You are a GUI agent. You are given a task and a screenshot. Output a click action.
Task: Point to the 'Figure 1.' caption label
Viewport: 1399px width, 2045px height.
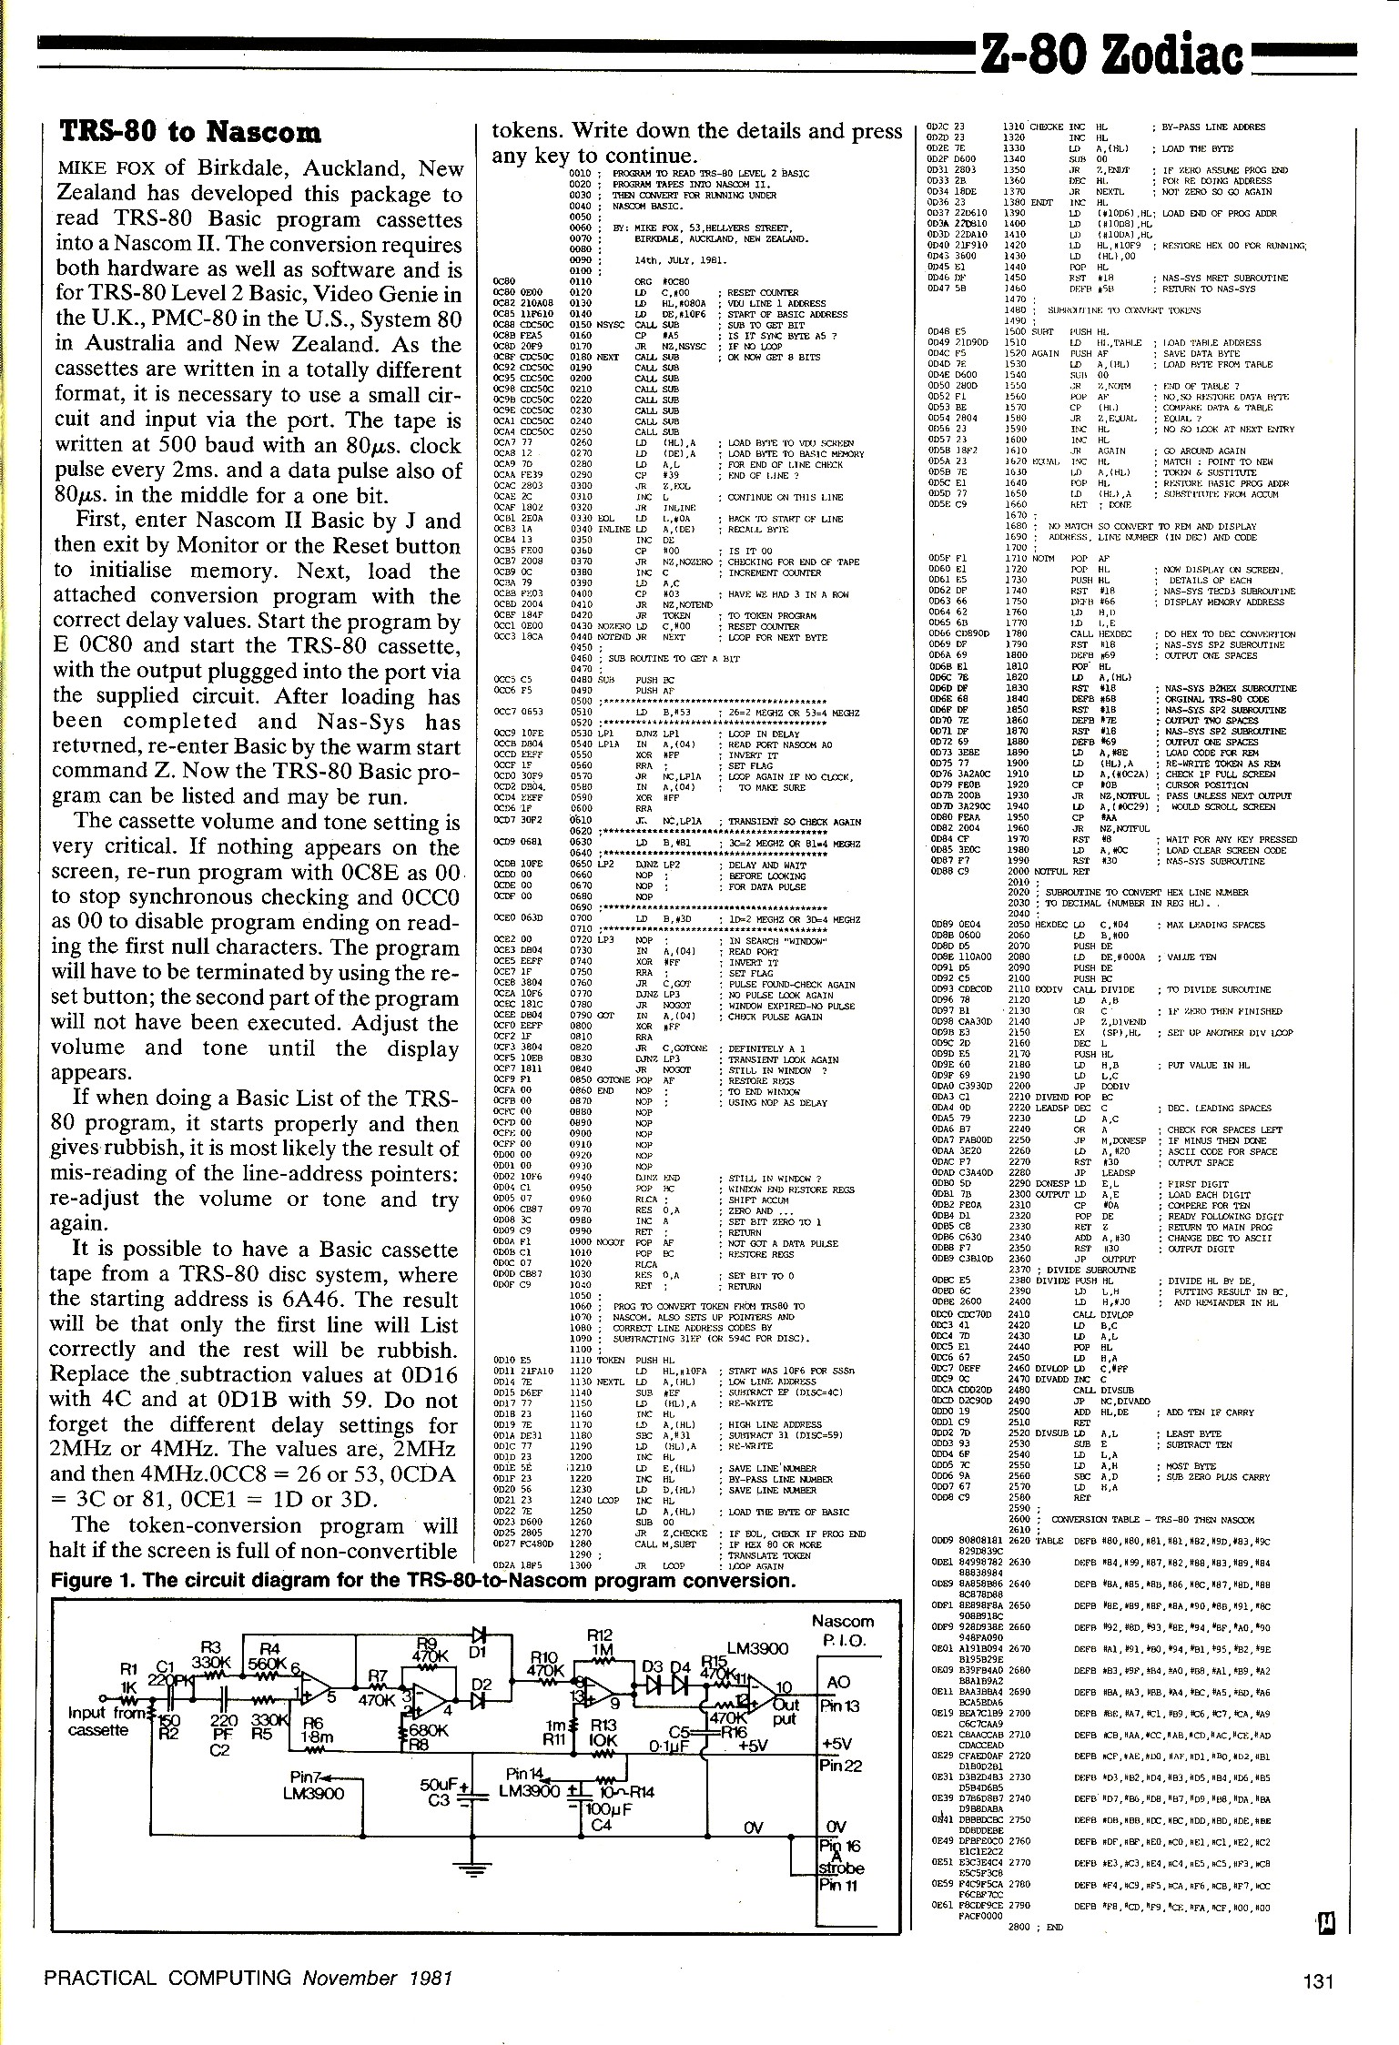click(x=92, y=1580)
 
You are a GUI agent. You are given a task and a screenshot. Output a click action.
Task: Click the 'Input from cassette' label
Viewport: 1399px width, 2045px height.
click(x=100, y=1720)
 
